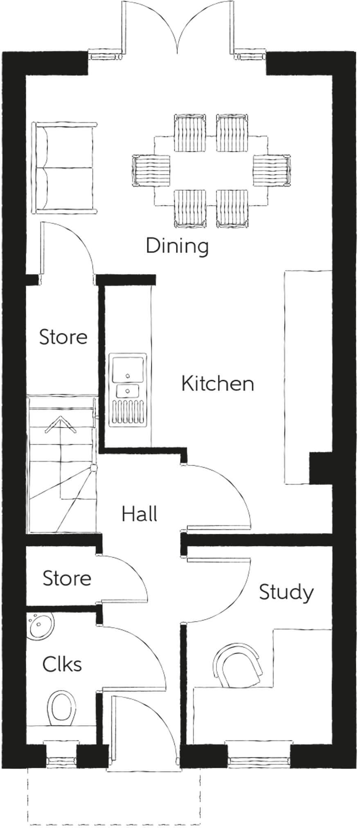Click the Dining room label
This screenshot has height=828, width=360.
(177, 247)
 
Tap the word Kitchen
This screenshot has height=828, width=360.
(217, 384)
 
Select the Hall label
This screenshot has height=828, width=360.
(139, 514)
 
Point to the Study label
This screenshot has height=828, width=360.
(286, 592)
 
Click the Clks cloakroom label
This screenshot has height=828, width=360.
(62, 664)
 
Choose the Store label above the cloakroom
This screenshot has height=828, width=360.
(67, 578)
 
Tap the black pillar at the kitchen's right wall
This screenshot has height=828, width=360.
(320, 468)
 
